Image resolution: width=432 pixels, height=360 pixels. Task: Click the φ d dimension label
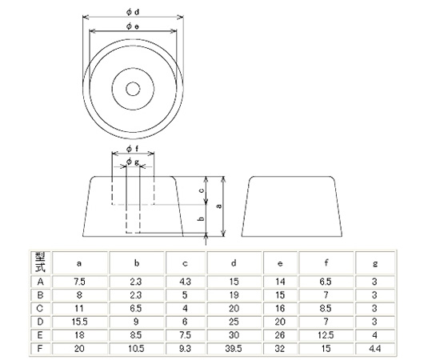coord(133,12)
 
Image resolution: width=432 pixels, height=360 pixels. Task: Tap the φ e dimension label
coord(133,26)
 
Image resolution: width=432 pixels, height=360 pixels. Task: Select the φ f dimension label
coord(133,149)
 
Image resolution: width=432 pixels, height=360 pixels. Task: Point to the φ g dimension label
coord(133,162)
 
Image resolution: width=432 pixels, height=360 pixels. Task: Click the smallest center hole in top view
coord(133,89)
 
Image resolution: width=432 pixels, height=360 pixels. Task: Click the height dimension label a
coord(219,206)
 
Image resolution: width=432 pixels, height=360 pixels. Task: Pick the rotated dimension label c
coord(202,190)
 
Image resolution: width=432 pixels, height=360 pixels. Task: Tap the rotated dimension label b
coord(202,218)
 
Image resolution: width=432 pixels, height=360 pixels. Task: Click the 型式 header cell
coord(40,262)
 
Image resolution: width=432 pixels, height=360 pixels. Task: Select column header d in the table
coord(234,263)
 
